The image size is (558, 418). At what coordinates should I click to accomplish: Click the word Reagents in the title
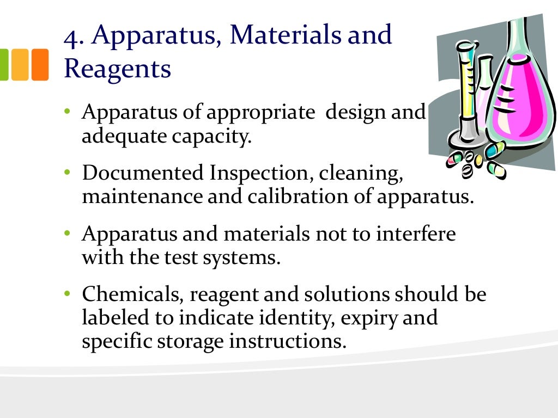(x=117, y=70)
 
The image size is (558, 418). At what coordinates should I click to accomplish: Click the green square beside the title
(x=3, y=64)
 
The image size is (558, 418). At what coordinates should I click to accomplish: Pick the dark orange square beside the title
(x=40, y=64)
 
